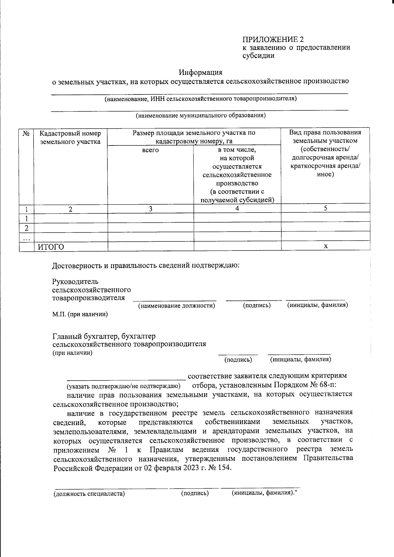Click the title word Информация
point(201,72)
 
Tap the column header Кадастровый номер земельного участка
point(70,138)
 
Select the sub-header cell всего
point(150,150)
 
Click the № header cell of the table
point(27,133)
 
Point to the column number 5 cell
point(325,208)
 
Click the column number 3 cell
point(150,209)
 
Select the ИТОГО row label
point(50,247)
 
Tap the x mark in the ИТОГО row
point(325,246)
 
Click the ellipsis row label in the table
point(27,237)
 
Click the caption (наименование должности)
point(177,306)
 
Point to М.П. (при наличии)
point(80,314)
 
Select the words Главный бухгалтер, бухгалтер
point(104,336)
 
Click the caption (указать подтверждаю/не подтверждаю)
point(123,386)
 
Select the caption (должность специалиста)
point(89,493)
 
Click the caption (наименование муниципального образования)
point(201,116)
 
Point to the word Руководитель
point(75,282)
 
